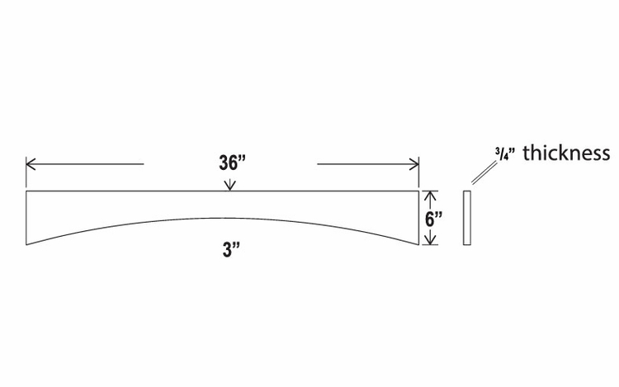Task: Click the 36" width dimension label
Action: coord(232,163)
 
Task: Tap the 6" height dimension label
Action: coord(433,218)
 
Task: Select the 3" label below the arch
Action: coord(232,250)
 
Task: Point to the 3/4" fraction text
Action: coord(505,153)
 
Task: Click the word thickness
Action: coord(566,153)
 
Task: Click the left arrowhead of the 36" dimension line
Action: coord(31,163)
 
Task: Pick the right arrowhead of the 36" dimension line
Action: coord(414,163)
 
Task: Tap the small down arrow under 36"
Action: coord(229,185)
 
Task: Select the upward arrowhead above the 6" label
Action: coord(430,196)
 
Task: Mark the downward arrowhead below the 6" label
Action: coord(430,240)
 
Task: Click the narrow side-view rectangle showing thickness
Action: coord(467,218)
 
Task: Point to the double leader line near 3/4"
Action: coord(484,172)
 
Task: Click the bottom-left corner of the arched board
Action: coord(26,245)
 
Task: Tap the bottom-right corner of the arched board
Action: coord(418,245)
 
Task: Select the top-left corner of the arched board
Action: coord(26,191)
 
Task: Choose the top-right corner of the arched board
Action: coord(418,191)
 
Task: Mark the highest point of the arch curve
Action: coord(222,218)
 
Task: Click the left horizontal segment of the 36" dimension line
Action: coord(85,163)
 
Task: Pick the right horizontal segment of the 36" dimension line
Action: coord(368,163)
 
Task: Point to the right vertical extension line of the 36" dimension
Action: coord(418,172)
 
